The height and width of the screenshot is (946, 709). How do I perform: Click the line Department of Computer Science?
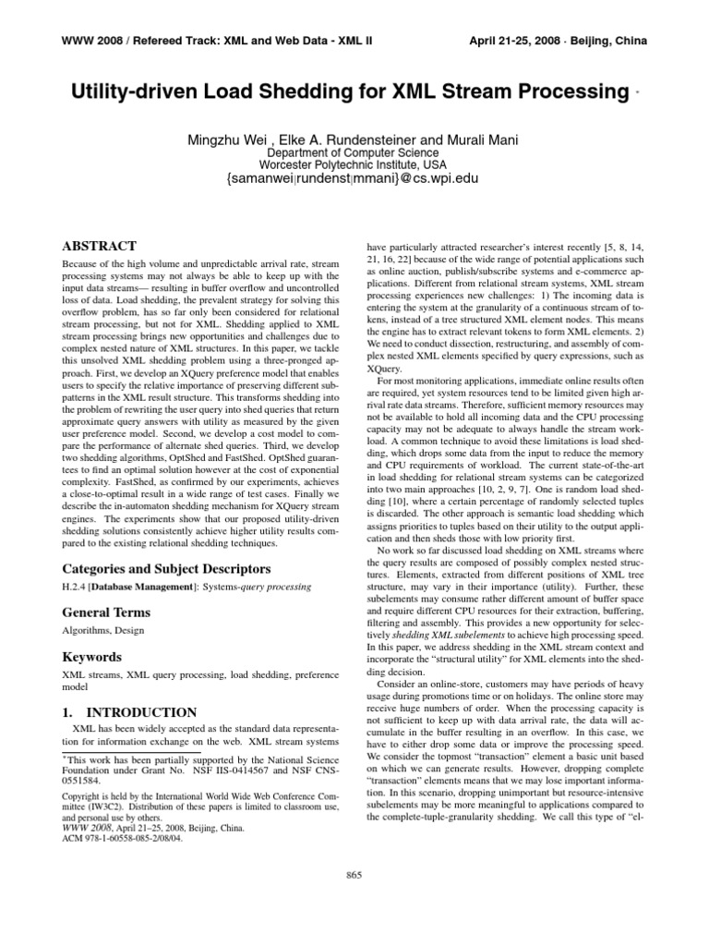pos(354,152)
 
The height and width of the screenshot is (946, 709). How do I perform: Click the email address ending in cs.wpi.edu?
pos(354,181)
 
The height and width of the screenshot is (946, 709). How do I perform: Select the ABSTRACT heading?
pos(99,246)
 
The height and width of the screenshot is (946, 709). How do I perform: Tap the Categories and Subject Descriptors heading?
pos(165,568)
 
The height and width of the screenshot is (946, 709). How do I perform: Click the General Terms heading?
pos(105,612)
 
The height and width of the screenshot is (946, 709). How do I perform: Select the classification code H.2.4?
pos(75,588)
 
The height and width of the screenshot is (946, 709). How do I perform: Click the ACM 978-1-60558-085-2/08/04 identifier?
pos(122,839)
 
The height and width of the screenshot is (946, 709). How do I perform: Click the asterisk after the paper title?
pos(638,94)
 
